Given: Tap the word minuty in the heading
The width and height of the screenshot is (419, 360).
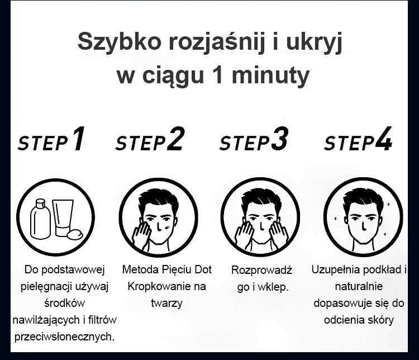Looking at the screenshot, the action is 271,75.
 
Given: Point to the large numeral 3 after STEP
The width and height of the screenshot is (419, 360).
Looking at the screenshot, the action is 280,139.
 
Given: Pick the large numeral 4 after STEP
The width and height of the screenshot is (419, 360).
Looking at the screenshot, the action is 384,139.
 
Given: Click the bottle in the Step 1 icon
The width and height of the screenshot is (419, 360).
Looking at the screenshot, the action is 40,219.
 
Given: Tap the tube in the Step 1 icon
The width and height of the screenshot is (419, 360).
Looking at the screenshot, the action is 63,217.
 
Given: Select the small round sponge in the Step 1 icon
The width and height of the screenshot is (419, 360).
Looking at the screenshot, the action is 74,234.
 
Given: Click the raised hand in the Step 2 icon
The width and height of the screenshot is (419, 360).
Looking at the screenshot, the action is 141,235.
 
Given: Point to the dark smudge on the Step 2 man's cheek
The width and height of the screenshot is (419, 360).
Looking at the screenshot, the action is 169,226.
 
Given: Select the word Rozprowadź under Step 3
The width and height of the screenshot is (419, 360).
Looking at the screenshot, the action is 261,270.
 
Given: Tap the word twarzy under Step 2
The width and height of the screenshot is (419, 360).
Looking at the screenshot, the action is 166,304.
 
